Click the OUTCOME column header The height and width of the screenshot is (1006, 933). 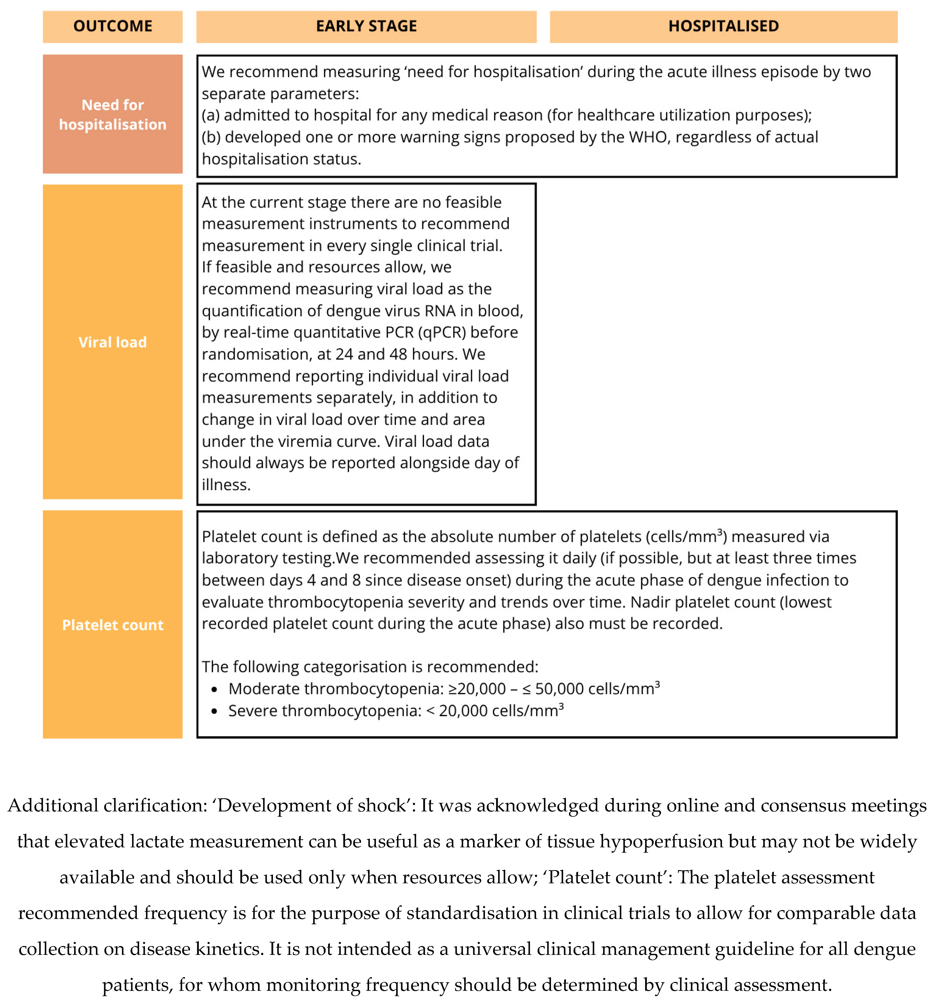113,26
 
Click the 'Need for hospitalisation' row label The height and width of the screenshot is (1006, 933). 113,115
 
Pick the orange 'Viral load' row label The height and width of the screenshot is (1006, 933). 113,342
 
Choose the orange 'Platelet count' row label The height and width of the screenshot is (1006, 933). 113,625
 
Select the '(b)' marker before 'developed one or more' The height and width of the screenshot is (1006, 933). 211,137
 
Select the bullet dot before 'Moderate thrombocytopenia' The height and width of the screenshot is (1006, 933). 215,689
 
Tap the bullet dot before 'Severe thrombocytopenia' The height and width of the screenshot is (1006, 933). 215,711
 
